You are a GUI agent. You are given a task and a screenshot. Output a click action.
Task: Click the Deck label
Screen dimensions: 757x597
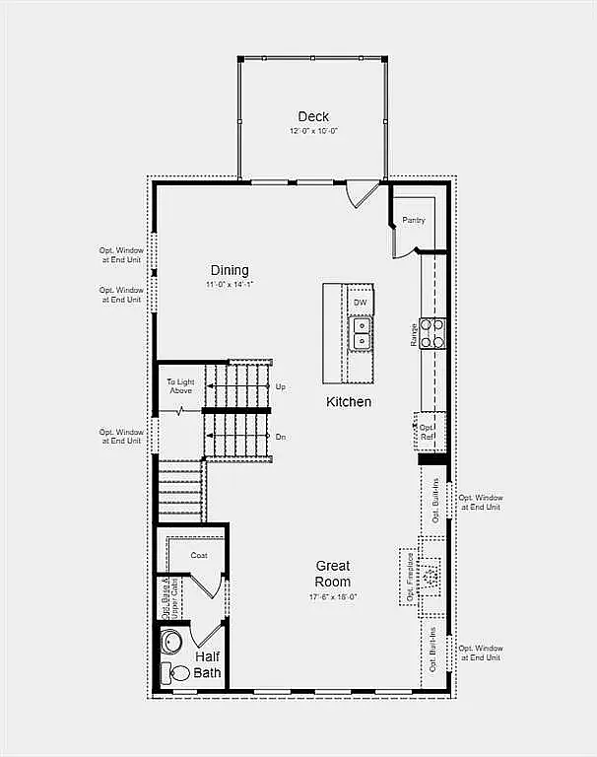313,116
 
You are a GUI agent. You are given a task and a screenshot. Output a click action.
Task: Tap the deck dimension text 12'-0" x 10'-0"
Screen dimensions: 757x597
313,131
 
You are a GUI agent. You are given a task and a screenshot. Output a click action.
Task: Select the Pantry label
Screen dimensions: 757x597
414,220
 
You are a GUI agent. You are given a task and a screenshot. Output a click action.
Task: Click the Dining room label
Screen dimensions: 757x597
230,270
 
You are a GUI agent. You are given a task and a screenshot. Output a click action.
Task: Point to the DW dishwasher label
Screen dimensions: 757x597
361,302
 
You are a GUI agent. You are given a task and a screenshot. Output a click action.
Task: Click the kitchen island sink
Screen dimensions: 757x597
362,332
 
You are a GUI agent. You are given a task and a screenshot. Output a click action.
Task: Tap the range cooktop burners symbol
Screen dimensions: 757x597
433,333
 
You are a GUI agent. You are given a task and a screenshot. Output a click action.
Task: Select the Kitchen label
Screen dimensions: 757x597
349,401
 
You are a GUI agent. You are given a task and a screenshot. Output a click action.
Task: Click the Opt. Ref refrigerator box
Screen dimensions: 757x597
428,431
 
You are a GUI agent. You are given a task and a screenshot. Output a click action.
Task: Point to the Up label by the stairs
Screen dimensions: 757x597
281,386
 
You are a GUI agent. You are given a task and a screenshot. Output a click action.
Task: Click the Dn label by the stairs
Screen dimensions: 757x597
281,437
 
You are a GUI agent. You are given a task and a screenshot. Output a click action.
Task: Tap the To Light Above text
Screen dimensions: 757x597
180,386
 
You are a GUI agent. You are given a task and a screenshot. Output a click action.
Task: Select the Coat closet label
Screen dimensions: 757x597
199,556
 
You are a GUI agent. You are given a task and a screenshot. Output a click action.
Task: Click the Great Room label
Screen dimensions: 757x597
333,574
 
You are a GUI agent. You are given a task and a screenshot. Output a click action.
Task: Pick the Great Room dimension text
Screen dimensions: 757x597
333,596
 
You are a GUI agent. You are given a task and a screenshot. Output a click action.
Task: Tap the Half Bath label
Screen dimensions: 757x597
207,665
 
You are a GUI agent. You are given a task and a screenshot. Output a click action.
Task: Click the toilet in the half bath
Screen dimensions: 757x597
176,674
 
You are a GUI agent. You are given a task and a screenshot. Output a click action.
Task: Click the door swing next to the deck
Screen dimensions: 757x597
365,191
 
